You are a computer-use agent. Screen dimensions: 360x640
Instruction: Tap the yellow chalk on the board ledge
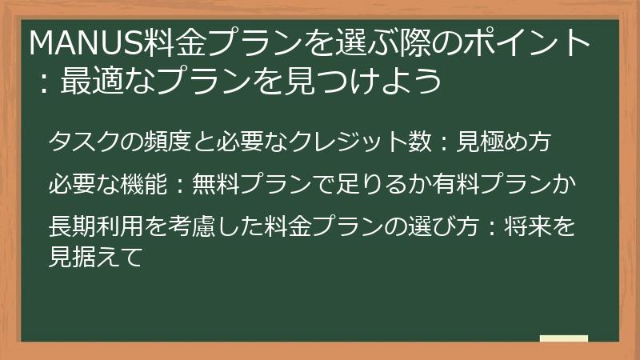pyautogui.click(x=563, y=338)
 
